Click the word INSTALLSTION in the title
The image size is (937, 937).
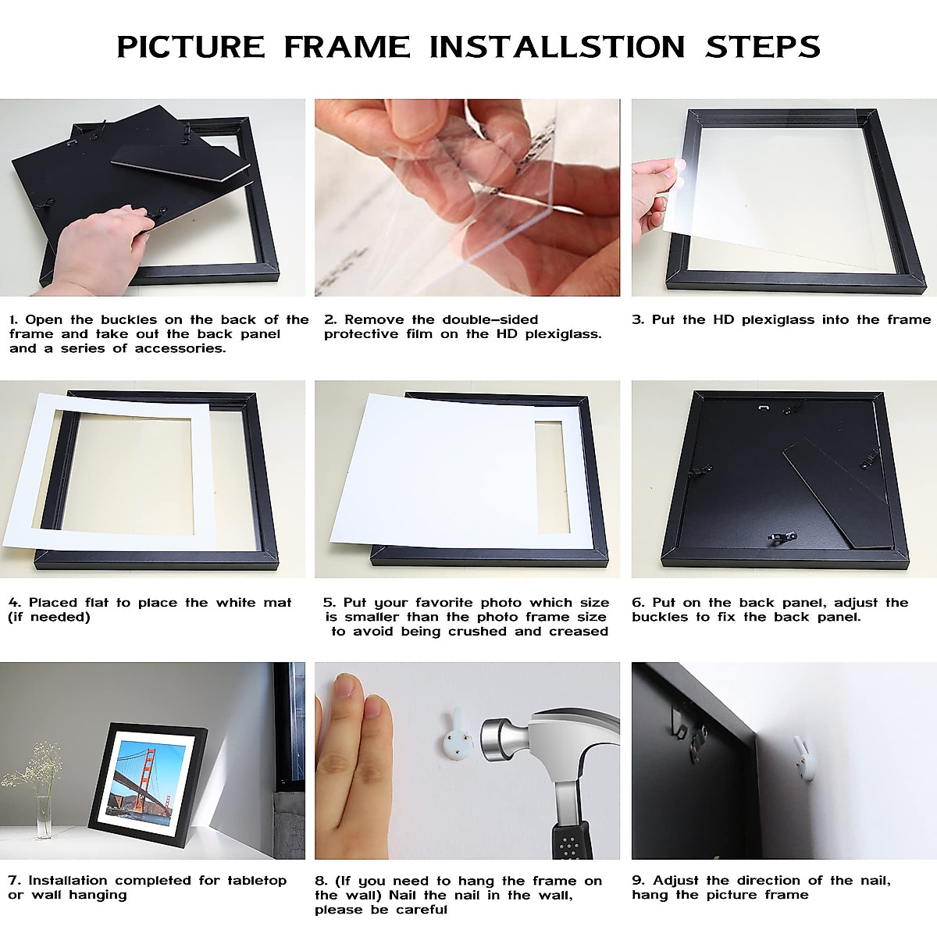coord(557,47)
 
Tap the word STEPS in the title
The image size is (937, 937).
coord(763,47)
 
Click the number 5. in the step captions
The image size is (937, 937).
coord(330,603)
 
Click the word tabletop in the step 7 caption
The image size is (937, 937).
coord(257,881)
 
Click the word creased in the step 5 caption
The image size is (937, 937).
coord(579,631)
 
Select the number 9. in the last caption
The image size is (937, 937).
coord(638,881)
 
